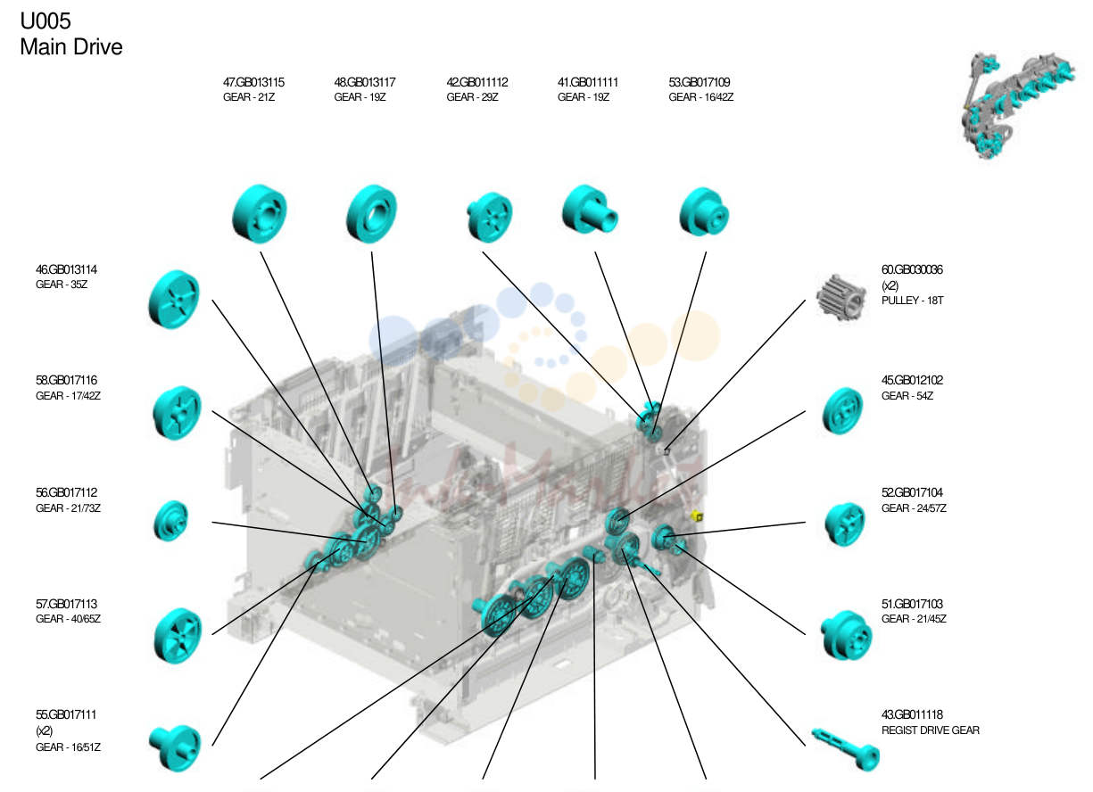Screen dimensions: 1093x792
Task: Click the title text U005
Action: (x=46, y=21)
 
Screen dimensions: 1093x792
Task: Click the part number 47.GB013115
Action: (x=253, y=82)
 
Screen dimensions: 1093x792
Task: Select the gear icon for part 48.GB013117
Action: (x=372, y=213)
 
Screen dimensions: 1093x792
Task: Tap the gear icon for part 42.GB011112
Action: (x=490, y=217)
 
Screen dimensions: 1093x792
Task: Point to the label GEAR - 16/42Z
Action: (x=700, y=97)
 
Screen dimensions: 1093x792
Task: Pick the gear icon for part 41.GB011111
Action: (x=589, y=210)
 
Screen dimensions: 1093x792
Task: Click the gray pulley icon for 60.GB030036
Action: (x=841, y=296)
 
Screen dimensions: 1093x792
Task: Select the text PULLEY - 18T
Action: (x=912, y=301)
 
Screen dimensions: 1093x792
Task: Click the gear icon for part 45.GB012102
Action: (x=842, y=410)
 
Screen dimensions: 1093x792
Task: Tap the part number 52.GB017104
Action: (x=912, y=492)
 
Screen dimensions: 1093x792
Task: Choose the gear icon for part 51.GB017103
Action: (x=846, y=635)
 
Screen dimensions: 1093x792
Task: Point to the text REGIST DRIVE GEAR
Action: (x=930, y=730)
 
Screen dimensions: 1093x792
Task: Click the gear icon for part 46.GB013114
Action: (x=174, y=300)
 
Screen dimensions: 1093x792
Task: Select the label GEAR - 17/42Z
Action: (x=68, y=395)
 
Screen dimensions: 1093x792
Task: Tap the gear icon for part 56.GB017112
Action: (x=170, y=521)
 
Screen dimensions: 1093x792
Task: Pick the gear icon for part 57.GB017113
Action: (x=178, y=636)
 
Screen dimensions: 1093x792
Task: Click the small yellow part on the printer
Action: (x=697, y=516)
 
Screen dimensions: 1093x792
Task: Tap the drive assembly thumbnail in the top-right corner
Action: (x=1017, y=105)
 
